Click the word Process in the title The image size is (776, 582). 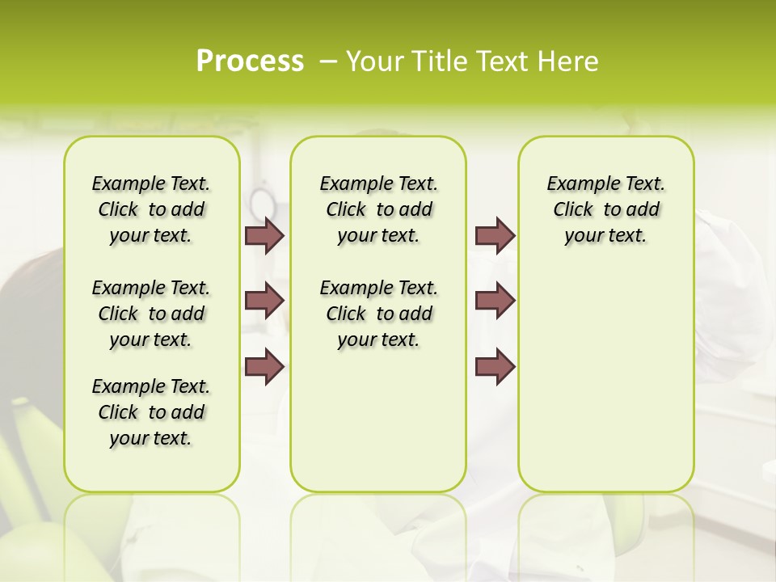[250, 61]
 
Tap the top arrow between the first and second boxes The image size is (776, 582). [264, 235]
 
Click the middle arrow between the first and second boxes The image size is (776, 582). [264, 301]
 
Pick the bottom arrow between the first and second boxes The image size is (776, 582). [264, 366]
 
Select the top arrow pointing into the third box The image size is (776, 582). [495, 235]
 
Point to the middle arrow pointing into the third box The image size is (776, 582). [495, 301]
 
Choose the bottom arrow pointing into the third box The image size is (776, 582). [495, 366]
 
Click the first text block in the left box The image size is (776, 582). [151, 209]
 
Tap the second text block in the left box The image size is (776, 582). [151, 314]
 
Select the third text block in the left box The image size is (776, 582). [151, 412]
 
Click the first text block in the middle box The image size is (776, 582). [379, 209]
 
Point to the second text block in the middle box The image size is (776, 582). [379, 314]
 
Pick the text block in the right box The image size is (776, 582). [606, 209]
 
